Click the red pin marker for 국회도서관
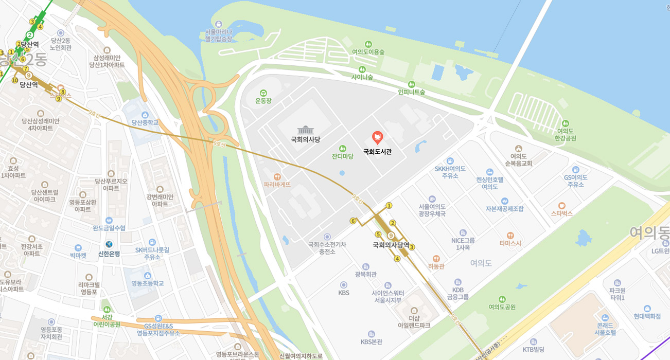[378, 137]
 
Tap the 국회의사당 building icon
[305, 130]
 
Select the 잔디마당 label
[342, 156]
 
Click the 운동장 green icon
[263, 93]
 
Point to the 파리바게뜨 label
[277, 184]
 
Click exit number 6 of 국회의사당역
[353, 221]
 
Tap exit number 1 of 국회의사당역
[389, 206]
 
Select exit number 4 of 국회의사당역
[397, 259]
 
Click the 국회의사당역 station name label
[391, 245]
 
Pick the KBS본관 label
[371, 341]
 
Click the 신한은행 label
[109, 254]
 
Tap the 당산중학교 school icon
[145, 114]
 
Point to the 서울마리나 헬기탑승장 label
[219, 35]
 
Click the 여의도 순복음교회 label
[518, 159]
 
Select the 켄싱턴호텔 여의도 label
[489, 183]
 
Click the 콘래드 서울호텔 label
[605, 329]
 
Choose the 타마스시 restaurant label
[510, 243]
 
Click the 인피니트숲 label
[411, 92]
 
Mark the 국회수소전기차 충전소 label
[327, 248]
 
